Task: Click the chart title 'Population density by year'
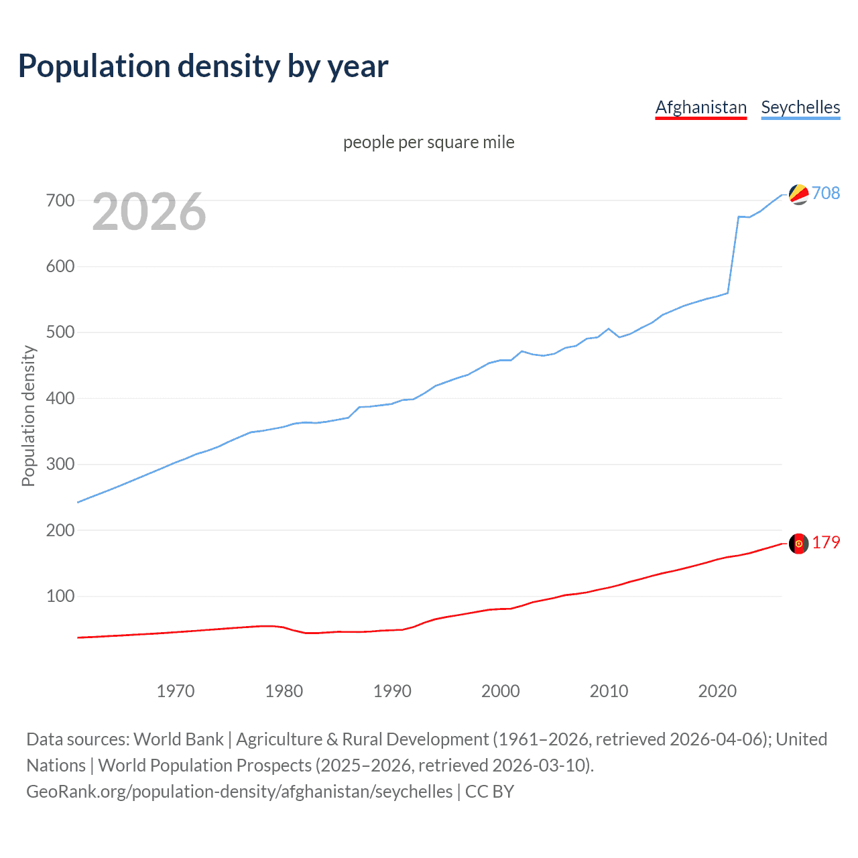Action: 203,66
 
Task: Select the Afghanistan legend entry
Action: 700,107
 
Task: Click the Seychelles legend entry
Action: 800,107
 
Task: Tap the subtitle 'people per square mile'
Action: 428,142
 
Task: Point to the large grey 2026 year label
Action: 149,212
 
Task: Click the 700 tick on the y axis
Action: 60,200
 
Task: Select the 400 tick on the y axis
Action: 60,398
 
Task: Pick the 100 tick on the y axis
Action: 60,596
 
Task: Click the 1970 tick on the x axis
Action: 176,690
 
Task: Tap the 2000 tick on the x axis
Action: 501,690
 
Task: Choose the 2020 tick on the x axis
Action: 717,690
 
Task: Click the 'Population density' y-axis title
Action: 28,416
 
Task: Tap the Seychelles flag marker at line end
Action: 798,194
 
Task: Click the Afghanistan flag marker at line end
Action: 798,544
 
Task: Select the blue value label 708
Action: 826,193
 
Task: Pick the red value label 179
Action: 826,542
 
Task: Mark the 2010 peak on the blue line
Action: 609,328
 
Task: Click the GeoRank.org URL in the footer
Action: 239,792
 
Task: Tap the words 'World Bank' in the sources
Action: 178,739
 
